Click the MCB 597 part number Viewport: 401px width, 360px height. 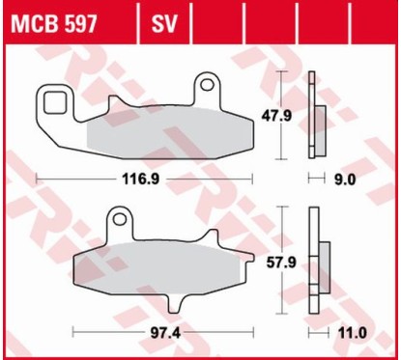[53, 21]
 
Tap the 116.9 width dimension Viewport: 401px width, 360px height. [141, 179]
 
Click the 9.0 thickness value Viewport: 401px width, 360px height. [345, 179]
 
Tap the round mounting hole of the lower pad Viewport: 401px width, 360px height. [119, 221]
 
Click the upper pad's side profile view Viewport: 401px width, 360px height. [312, 115]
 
